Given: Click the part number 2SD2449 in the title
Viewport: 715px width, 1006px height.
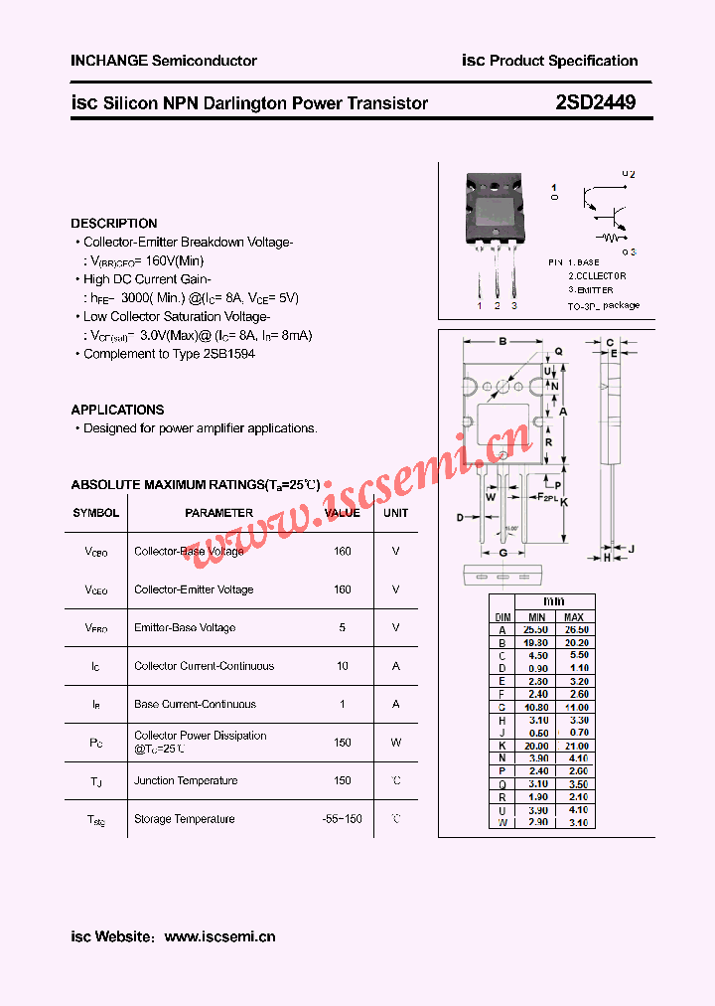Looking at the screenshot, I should [x=596, y=102].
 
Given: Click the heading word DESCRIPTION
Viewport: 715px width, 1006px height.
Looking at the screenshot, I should [x=114, y=224].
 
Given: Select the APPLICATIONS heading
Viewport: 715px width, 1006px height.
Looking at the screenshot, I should [x=117, y=410].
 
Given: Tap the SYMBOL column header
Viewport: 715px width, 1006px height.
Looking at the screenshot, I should [x=96, y=513].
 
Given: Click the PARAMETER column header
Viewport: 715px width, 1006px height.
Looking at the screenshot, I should [x=219, y=513].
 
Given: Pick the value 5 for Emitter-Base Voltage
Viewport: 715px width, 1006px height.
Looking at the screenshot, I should [x=343, y=627].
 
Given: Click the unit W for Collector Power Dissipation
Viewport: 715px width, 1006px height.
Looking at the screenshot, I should [x=395, y=742].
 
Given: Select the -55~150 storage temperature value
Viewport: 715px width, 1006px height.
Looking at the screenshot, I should [x=343, y=819].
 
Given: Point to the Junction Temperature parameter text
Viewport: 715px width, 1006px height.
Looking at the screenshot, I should [x=186, y=780].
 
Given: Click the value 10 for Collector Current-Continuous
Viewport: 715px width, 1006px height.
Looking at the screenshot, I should [x=343, y=666].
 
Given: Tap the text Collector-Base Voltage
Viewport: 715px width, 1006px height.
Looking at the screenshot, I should [x=189, y=551].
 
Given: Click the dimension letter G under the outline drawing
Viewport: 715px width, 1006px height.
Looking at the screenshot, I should [x=503, y=553].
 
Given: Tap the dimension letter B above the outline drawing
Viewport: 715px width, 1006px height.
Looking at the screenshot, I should [x=502, y=342].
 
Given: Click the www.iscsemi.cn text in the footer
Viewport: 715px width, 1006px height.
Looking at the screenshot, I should [x=219, y=936].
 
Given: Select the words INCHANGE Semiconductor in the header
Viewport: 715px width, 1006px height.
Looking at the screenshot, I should [x=164, y=61].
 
